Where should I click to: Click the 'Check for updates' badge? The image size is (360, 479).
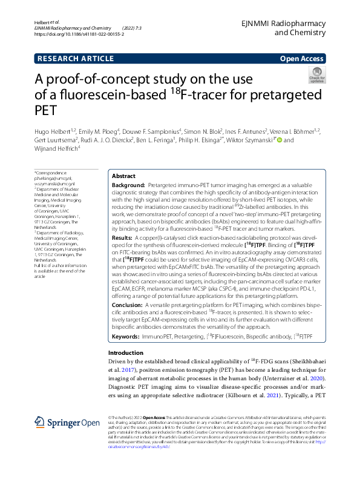pos(316,76)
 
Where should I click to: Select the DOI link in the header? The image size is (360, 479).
pos(80,35)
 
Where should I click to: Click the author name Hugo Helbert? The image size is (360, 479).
pos(51,131)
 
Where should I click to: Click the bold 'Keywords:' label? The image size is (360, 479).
pos(125,335)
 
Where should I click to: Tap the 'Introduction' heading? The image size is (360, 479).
pos(125,353)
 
